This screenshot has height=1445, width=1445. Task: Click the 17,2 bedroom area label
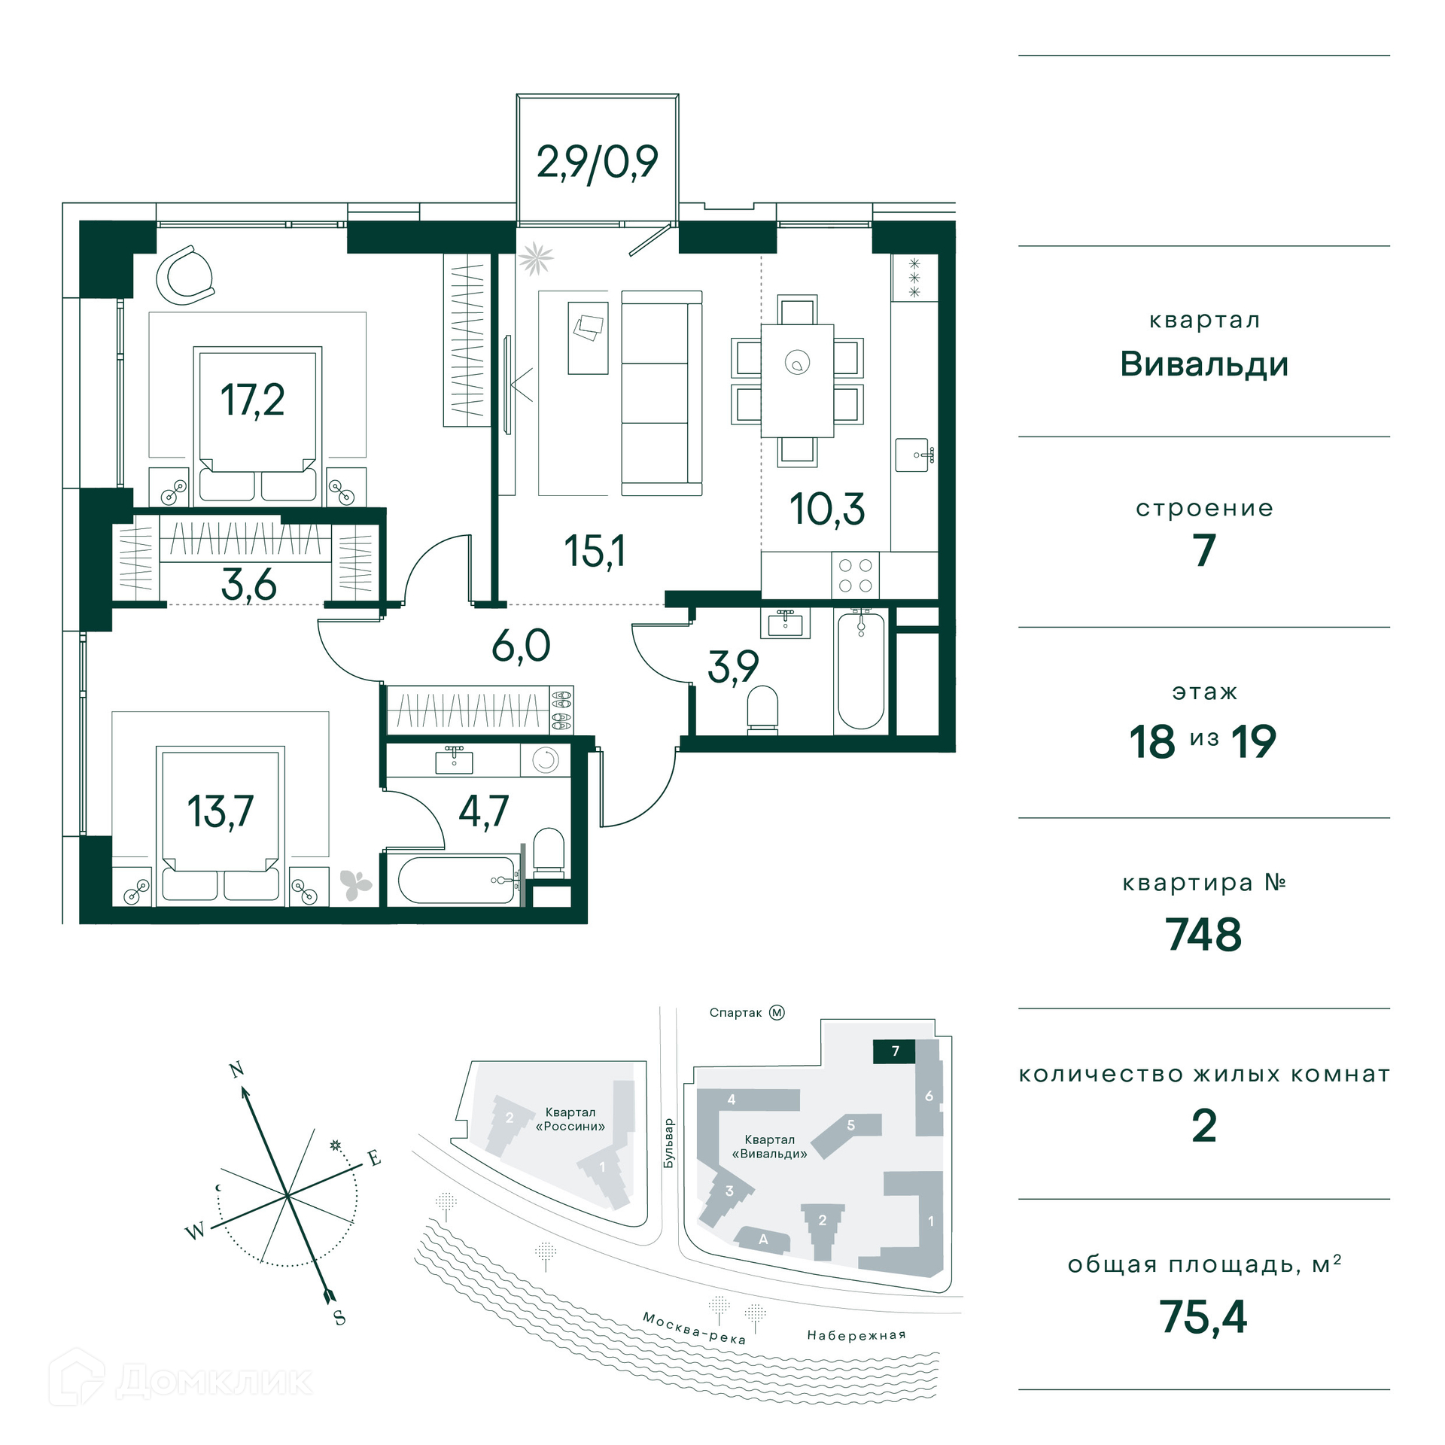tap(252, 400)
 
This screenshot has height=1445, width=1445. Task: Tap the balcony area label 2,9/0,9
tap(597, 162)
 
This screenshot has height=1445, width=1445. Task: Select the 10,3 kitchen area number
tap(827, 510)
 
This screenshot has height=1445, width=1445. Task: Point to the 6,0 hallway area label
tap(521, 646)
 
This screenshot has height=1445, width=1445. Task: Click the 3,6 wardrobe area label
tap(248, 584)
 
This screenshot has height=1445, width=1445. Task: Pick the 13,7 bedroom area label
tap(220, 811)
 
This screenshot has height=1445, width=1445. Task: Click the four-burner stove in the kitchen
tap(855, 576)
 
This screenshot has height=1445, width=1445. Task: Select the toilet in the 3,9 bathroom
tap(762, 709)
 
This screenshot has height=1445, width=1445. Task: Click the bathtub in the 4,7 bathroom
tap(457, 880)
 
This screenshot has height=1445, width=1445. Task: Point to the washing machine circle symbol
tap(546, 760)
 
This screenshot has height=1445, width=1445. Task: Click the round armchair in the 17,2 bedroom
tap(185, 275)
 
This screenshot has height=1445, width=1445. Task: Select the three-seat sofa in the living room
tap(662, 393)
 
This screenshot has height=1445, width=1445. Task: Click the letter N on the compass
tap(236, 1069)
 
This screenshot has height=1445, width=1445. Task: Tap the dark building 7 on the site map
tap(894, 1051)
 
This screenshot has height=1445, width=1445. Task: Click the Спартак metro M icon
tap(777, 1012)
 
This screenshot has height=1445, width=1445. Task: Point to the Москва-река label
tap(694, 1328)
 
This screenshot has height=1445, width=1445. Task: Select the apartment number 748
tap(1203, 935)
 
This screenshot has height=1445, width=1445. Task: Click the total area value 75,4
tap(1203, 1317)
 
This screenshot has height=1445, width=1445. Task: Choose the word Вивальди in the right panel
tap(1204, 364)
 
